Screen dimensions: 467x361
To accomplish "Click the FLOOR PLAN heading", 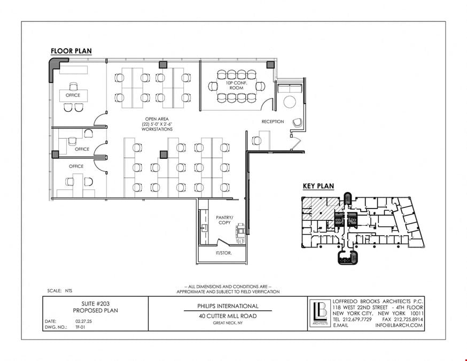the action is pos(71,51).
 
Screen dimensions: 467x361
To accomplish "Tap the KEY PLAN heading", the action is pos(318,186).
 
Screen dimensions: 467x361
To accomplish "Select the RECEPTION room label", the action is pos(273,121).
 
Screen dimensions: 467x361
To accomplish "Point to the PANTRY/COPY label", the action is pos(224,220).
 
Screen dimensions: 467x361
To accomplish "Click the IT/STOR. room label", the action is pos(224,253).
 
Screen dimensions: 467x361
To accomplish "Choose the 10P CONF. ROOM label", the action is pos(237,85).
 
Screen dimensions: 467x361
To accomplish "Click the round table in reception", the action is pos(290,102).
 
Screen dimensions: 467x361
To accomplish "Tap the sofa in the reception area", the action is pos(290,88).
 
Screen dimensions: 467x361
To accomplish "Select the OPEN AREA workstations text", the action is pos(157,124).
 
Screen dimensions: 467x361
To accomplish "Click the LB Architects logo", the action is pos(320,313).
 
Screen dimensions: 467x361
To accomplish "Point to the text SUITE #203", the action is pos(95,304).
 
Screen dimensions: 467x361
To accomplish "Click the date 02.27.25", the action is pos(84,321).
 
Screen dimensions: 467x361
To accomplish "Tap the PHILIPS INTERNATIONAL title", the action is pos(228,306).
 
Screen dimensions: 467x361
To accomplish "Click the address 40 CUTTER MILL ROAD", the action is pos(228,316).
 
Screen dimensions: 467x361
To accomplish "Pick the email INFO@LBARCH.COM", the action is pos(399,325).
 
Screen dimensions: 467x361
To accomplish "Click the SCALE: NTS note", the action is pos(59,290).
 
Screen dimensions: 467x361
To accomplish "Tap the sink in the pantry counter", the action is pos(205,229).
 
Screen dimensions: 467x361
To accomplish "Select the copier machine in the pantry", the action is pos(240,232).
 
